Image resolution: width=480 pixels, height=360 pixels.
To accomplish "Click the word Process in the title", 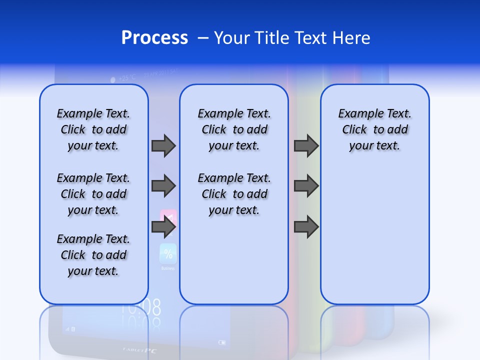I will click(154, 38).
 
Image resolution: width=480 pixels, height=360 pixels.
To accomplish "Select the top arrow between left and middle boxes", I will click(163, 145).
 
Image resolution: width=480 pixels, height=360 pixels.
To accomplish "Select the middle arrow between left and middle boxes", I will click(163, 186).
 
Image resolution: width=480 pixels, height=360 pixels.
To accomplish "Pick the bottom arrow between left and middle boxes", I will click(163, 227).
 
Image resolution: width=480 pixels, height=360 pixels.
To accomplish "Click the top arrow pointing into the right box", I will click(306, 145).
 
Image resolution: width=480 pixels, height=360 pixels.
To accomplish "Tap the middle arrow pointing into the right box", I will click(306, 186).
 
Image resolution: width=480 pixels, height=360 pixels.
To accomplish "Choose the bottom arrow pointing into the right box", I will click(306, 227).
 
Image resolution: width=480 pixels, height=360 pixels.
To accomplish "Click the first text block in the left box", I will click(93, 129).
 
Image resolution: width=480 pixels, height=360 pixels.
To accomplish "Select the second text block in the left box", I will click(93, 194).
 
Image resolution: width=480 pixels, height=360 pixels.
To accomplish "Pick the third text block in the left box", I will click(93, 255).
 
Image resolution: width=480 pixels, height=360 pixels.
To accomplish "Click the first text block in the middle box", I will click(234, 129).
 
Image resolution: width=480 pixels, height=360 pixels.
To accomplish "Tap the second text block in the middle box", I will click(234, 194).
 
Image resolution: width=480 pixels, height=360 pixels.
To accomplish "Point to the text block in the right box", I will click(374, 129).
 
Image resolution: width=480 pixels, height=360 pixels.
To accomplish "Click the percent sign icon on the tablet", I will click(168, 254).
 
